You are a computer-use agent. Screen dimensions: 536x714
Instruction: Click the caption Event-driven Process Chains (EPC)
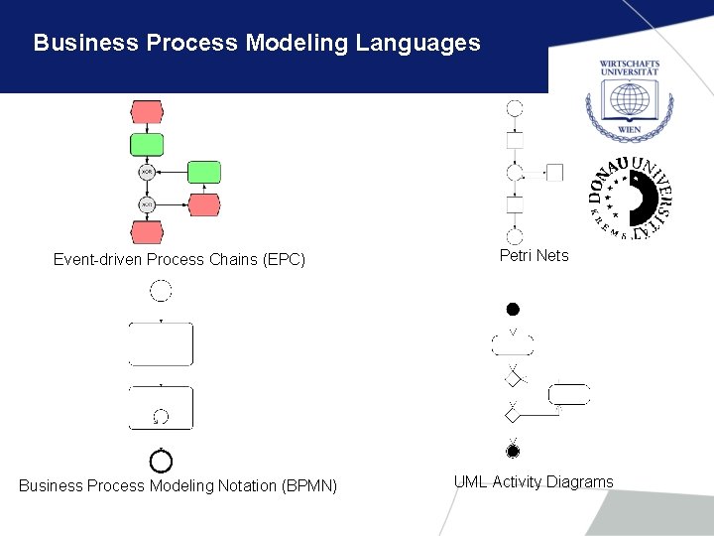click(178, 260)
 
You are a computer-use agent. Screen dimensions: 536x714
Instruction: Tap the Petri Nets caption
click(534, 256)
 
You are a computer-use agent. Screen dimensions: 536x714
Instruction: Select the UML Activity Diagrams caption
click(534, 482)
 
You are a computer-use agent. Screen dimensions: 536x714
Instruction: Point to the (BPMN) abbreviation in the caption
click(309, 485)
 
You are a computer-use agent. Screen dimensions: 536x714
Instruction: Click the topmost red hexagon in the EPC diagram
click(147, 111)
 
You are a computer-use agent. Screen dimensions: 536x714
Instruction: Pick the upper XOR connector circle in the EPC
click(147, 173)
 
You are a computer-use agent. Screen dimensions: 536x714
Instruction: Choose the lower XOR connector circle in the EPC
click(147, 204)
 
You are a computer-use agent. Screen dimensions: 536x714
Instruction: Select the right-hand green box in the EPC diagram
click(204, 173)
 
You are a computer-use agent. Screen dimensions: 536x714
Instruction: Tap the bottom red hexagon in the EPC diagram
click(147, 232)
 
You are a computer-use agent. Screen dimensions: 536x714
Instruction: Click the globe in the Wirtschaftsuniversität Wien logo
click(629, 100)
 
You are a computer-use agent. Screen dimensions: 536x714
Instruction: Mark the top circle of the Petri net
click(514, 108)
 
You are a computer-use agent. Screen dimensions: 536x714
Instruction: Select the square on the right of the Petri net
click(554, 173)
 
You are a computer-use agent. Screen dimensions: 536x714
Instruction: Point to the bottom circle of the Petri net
click(514, 236)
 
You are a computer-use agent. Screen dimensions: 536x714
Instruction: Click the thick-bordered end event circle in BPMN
click(161, 462)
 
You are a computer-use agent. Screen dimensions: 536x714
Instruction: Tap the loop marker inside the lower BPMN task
click(161, 417)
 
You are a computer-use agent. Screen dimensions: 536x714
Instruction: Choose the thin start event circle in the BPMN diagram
click(161, 290)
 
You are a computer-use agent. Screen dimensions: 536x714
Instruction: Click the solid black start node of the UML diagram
click(513, 310)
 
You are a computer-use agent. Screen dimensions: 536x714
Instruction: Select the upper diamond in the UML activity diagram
click(513, 376)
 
